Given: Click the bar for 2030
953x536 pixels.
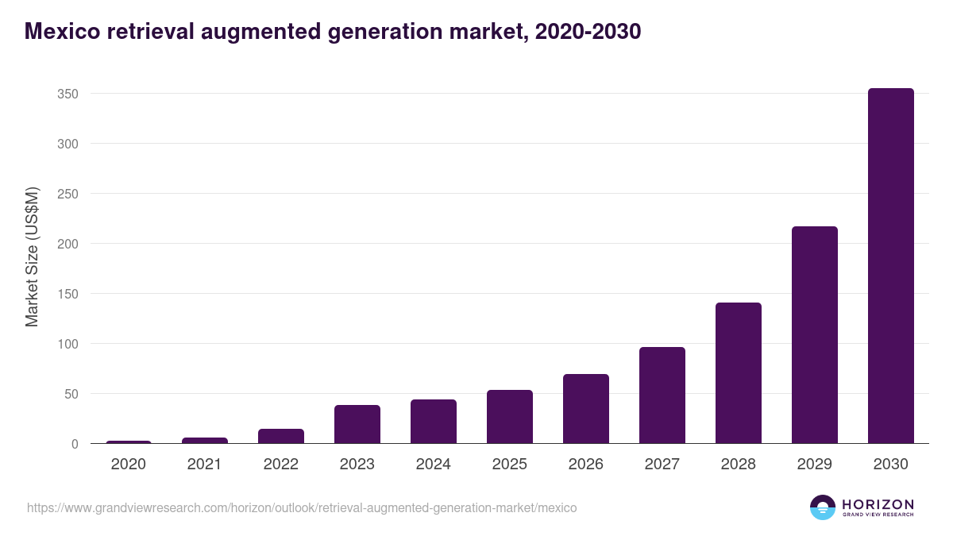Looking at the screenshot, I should tap(890, 266).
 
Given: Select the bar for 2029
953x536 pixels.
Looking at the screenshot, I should tap(814, 335).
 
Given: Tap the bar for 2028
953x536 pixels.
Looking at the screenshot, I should tap(738, 373).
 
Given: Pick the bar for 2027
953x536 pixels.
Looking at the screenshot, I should tap(662, 395).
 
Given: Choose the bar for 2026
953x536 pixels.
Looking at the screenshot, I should tap(585, 409).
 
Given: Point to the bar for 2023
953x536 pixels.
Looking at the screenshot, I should tap(357, 424).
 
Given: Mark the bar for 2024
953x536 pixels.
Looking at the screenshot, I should tap(433, 422).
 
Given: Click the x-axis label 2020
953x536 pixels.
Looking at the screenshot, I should tap(128, 465).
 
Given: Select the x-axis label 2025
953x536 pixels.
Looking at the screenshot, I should tap(509, 465).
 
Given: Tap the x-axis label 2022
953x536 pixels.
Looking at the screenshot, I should tap(280, 465).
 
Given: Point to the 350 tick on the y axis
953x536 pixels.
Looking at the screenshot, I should tap(68, 94).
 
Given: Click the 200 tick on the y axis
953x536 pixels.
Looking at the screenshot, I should tap(68, 244).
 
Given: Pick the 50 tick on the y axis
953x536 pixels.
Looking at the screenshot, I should tap(71, 394).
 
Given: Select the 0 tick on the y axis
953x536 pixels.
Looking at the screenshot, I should tap(75, 444).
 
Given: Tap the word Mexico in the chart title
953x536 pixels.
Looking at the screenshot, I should tap(61, 32).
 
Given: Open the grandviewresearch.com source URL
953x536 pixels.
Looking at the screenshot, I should tap(302, 507).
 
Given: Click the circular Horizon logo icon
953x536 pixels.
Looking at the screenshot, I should tap(823, 507).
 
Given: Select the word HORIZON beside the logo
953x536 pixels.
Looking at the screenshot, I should tap(878, 504).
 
